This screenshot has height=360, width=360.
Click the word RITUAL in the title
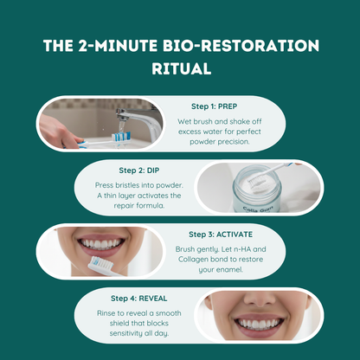coord(179,67)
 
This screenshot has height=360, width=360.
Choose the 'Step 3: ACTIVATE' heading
coord(227,234)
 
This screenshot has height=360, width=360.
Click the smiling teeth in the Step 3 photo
coord(104,241)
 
